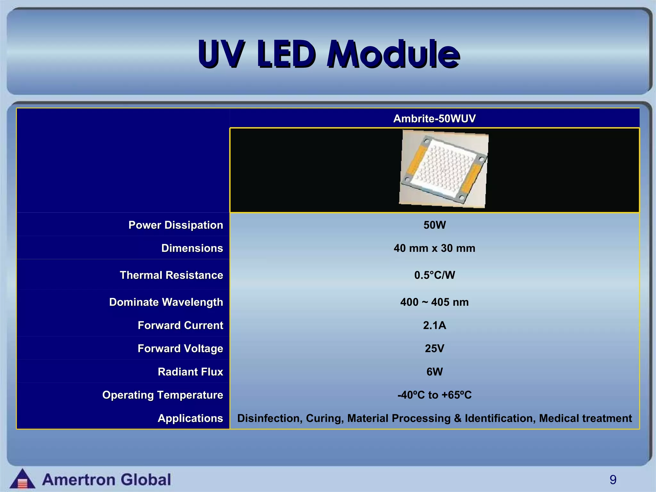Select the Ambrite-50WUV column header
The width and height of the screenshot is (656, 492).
pos(434,119)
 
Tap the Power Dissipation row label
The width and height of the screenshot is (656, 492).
pos(176,225)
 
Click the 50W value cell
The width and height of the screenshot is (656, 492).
pos(434,225)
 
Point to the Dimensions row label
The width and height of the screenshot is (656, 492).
pos(192,248)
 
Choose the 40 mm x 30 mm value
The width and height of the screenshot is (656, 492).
pos(434,248)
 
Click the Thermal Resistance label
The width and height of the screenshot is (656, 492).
pos(171,275)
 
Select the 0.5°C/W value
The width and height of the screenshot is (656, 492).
pos(434,275)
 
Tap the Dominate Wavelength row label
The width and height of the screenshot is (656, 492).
pos(166,302)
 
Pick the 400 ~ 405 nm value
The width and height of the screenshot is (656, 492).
pos(434,302)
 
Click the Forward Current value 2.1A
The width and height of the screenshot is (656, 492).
pos(434,325)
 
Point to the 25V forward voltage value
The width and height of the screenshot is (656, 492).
pos(434,348)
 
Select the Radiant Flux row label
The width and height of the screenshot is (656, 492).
pos(190,372)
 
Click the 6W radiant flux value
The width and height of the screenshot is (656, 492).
pos(434,372)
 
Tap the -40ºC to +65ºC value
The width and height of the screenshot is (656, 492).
pos(434,395)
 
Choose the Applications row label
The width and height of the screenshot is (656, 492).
pos(190,418)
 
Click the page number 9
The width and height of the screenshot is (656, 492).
pos(613,480)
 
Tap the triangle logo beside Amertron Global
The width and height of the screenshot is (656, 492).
pos(22,479)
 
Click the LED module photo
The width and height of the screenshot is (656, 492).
pos(444,169)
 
